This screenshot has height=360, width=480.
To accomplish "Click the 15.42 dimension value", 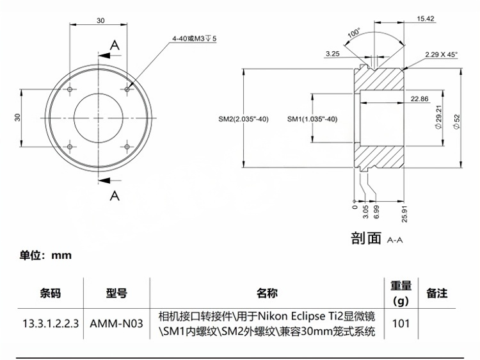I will pos(426,19).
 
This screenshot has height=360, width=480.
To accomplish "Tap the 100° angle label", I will pos(354,33).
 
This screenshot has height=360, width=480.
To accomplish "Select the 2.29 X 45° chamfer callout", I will pos(441,55).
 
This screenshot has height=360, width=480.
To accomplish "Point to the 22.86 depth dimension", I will pos(420,99).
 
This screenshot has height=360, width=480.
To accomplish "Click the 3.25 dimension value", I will pos(332,54).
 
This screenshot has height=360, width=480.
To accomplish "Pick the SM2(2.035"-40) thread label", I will pos(243,119).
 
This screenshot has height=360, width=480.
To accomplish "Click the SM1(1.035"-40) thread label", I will pos(312,119).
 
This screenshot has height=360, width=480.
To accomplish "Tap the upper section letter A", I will pos(115,45).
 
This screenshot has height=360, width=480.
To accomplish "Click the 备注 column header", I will pos(436,293).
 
